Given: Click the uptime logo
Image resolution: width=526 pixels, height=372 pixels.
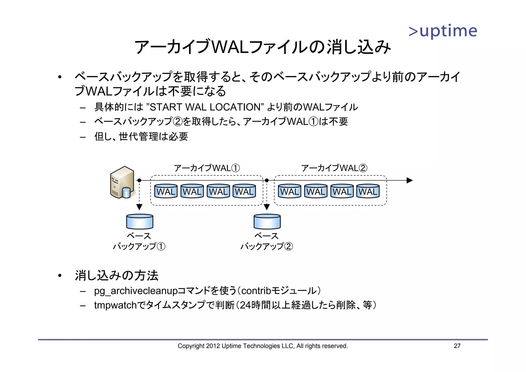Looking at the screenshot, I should [443, 31].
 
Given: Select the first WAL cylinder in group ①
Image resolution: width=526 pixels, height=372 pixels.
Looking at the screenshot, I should [166, 191].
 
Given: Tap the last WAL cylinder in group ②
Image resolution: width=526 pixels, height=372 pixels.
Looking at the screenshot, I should [368, 191].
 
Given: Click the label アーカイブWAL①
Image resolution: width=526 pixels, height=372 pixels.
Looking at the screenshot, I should [207, 168].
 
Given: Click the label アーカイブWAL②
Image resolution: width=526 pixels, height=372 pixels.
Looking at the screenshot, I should [334, 168].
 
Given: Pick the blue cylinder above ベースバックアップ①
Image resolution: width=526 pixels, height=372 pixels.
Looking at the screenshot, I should [140, 221].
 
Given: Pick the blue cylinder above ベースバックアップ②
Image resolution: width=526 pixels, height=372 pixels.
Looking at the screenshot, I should [267, 221].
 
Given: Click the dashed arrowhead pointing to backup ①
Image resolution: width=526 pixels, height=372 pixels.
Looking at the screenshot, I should [139, 207].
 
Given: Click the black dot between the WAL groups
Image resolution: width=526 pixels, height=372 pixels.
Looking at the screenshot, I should [267, 180].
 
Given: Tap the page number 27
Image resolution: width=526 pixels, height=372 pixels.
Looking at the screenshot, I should [457, 346].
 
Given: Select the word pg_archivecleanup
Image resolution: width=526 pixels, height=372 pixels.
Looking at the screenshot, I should [136, 291].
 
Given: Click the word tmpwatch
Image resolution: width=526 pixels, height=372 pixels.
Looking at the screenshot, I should [115, 305].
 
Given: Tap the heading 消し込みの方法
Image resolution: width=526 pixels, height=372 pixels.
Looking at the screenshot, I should [117, 275].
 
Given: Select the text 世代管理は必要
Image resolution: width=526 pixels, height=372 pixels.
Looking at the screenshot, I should [153, 136].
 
